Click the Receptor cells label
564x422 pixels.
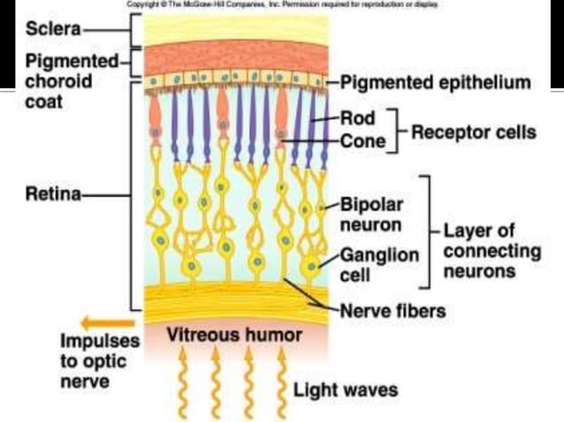coord(472,132)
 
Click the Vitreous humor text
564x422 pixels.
coord(233,335)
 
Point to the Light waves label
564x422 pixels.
coord(346,388)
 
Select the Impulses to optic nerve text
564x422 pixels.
coord(94,361)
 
